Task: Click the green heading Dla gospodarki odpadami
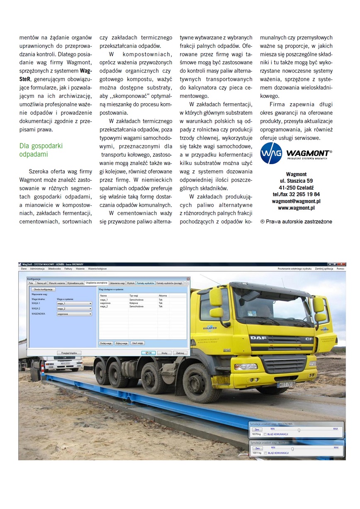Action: click(41, 150)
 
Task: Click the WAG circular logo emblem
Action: click(271, 153)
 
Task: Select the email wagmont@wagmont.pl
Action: click(296, 201)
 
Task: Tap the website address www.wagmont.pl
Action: click(296, 208)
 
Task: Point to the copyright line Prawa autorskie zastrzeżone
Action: click(296, 221)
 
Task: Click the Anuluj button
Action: click(164, 353)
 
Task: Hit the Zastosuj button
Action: click(180, 353)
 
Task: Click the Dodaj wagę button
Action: click(106, 343)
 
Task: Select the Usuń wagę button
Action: click(137, 343)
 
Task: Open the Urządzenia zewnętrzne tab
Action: click(96, 283)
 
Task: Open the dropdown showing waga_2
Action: click(74, 309)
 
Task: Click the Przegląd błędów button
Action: click(69, 353)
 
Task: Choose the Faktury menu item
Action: click(68, 269)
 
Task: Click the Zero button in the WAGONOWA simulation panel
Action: click(257, 430)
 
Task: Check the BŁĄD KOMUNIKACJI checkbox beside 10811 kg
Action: click(265, 453)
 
